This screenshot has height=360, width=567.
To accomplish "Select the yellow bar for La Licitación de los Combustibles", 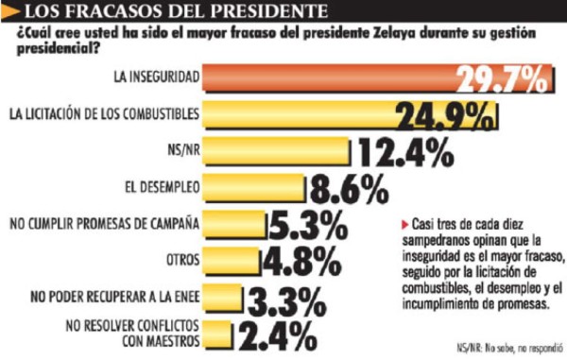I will [x=312, y=115].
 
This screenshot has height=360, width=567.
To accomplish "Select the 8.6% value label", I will [x=346, y=188].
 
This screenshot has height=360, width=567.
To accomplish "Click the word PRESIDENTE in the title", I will [x=265, y=12].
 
